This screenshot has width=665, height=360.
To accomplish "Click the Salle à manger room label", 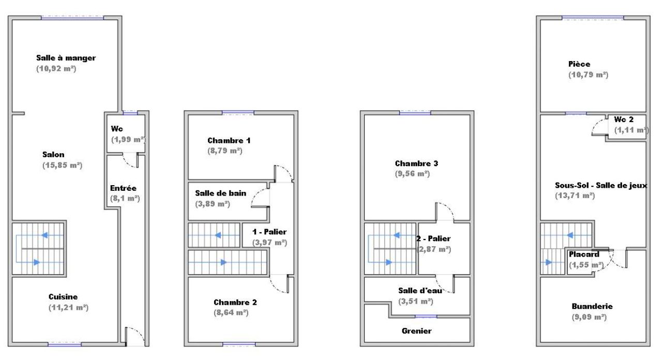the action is click(66, 58).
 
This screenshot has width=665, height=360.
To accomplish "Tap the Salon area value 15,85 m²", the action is click(63, 165).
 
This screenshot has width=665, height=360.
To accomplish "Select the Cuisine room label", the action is click(63, 297).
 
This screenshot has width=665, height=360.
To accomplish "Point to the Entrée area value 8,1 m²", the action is click(125, 199).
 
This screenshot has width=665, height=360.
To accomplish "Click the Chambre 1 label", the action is click(229, 141).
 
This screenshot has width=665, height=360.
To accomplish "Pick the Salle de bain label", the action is click(221, 193).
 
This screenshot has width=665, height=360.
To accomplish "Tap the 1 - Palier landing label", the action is click(269, 232).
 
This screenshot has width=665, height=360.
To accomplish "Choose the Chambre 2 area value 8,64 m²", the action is click(231, 313).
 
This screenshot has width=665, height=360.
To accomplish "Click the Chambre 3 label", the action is click(416, 163).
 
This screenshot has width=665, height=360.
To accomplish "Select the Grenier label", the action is click(416, 331).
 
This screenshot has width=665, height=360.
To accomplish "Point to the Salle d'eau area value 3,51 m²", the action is click(416, 302).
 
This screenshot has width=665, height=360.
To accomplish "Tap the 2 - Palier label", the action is click(433, 238).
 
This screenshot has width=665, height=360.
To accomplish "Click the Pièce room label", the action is click(579, 64).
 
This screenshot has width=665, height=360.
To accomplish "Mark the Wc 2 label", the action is click(624, 119).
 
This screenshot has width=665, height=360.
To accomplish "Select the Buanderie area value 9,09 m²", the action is click(590, 317).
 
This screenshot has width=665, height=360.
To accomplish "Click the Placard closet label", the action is click(584, 254).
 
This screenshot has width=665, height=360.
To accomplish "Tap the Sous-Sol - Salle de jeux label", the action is click(601, 185).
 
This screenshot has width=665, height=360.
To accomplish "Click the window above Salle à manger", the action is click(72, 18).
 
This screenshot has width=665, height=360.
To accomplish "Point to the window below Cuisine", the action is click(65, 344).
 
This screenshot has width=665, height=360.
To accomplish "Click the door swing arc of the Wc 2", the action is click(596, 124).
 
